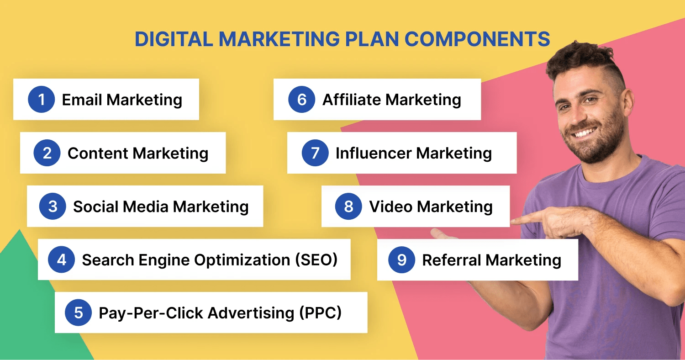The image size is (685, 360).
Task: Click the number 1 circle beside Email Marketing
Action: tap(41, 100)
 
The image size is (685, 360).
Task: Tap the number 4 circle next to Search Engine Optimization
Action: tap(62, 259)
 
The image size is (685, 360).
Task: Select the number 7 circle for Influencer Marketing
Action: tap(315, 153)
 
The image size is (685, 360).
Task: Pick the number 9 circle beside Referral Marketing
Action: tap(402, 260)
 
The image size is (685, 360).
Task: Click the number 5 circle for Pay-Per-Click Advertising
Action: tap(78, 312)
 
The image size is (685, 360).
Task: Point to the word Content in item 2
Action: tap(98, 153)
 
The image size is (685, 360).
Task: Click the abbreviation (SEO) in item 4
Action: tap(316, 260)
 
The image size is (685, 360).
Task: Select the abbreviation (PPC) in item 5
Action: tap(320, 313)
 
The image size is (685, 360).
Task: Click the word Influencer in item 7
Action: tap(374, 153)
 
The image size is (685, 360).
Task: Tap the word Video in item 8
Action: tap(391, 206)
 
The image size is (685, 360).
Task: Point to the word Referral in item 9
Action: tap(452, 260)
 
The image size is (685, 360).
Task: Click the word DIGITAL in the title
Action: tap(174, 39)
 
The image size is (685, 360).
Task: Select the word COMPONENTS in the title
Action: tap(477, 39)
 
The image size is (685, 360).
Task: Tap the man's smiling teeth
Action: tap(584, 133)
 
